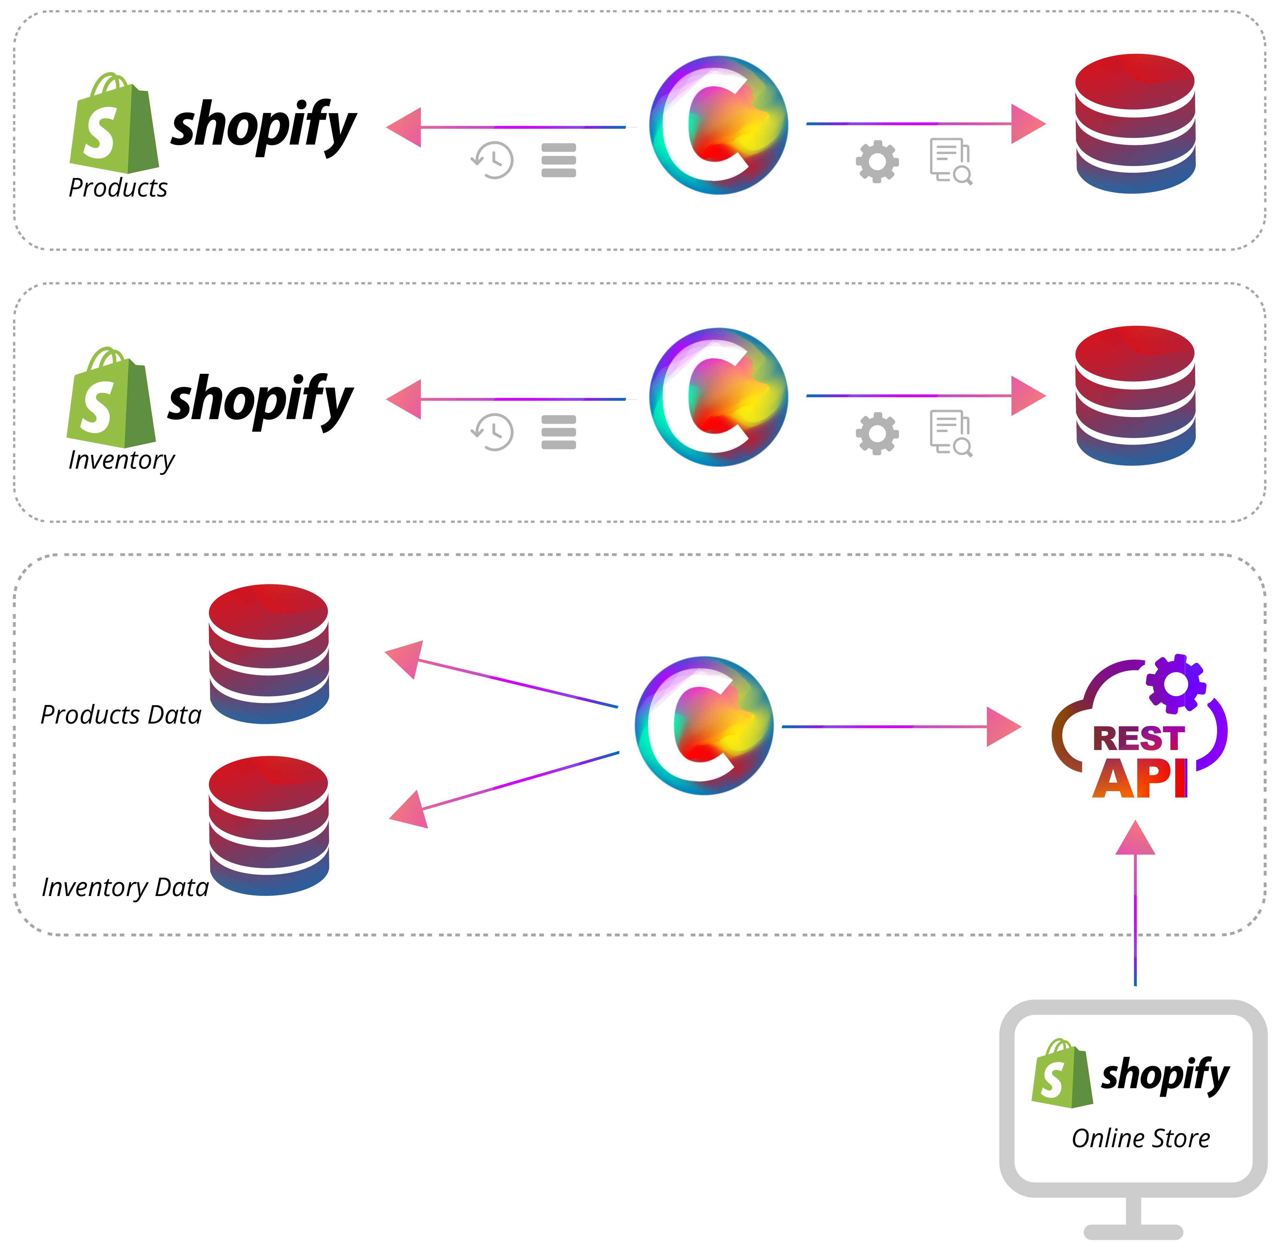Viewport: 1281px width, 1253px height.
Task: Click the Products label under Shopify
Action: tap(118, 188)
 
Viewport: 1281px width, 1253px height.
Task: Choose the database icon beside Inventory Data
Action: tap(268, 826)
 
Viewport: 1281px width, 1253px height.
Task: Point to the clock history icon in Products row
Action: tap(493, 160)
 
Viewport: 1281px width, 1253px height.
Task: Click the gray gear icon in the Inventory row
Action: tap(877, 434)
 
